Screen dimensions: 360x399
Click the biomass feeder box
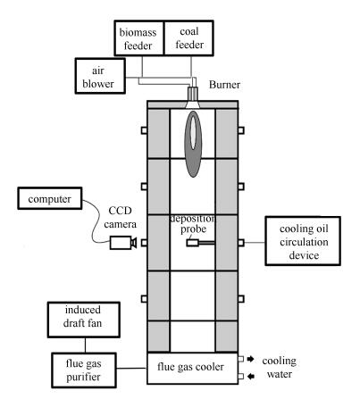pos(139,38)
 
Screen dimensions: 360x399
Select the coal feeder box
pos(188,38)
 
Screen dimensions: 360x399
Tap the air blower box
pos(100,76)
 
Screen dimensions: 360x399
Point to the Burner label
pos(224,85)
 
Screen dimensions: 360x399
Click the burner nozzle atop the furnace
pos(193,96)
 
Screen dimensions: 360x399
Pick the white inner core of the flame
pos(193,132)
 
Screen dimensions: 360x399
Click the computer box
pos(50,198)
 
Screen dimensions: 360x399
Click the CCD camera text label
pos(120,217)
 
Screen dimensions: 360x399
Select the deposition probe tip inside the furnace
pos(192,243)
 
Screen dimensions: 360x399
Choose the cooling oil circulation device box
pos(303,241)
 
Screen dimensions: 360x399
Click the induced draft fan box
pos(84,320)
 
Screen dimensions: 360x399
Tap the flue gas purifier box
pos(84,370)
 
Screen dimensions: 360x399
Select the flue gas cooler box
pos(192,368)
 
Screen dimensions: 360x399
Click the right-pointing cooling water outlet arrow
pos(250,359)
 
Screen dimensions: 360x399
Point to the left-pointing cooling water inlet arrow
pos(251,377)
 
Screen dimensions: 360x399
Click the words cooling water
pos(280,367)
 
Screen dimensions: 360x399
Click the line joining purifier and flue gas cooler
pos(131,368)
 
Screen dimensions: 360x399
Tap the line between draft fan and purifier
pos(85,345)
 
